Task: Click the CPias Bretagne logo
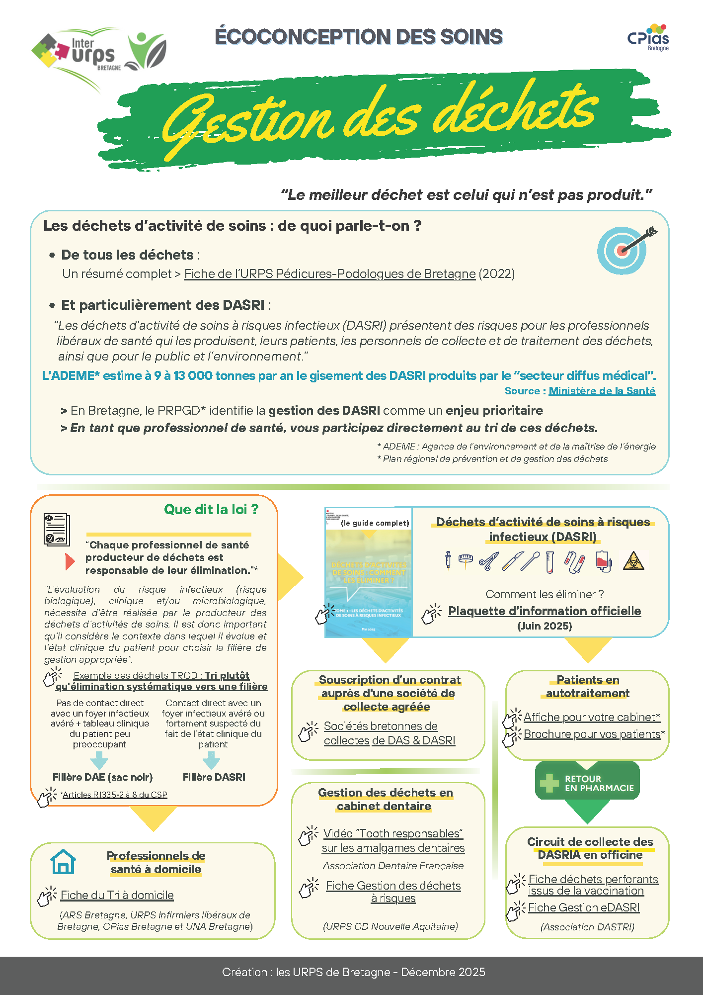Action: click(648, 38)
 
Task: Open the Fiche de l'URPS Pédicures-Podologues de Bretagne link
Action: click(330, 274)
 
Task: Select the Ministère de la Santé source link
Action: click(602, 391)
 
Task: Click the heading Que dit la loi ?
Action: click(211, 510)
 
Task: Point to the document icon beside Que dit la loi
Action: click(57, 530)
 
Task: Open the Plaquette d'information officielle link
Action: click(545, 611)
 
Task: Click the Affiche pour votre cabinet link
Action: click(592, 717)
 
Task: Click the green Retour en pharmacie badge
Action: click(587, 783)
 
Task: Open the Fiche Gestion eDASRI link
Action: click(584, 908)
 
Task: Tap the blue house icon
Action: click(63, 862)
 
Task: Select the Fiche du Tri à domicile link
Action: click(117, 896)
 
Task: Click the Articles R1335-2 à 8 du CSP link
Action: click(115, 795)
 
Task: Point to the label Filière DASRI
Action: click(214, 777)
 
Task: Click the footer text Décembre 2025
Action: click(443, 972)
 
